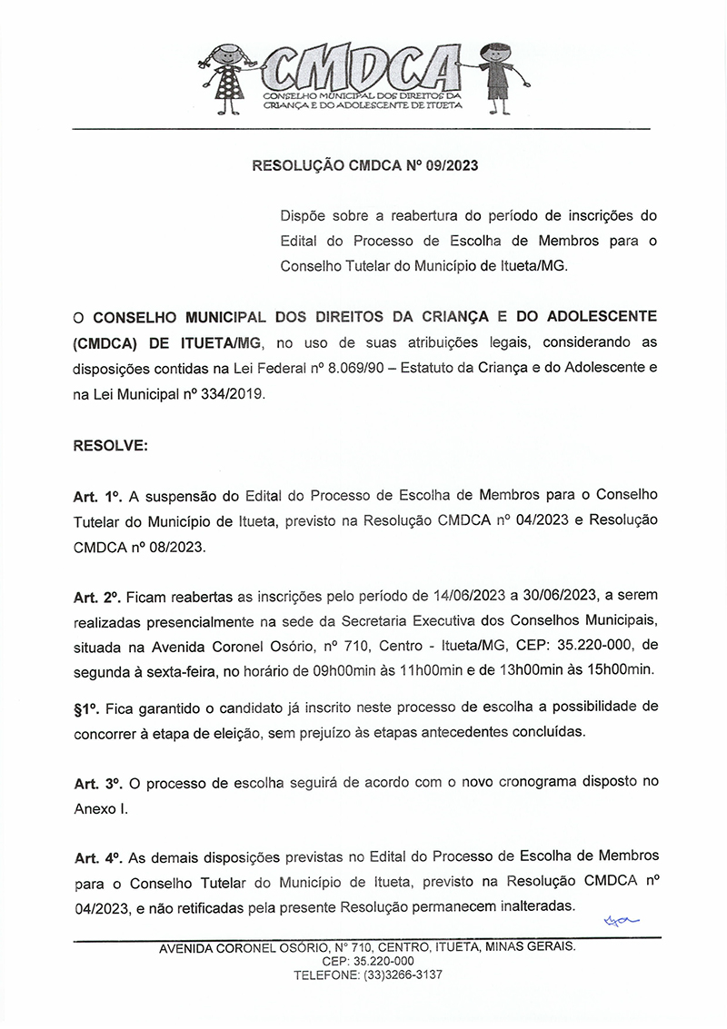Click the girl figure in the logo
click(227, 80)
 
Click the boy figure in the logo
click(496, 76)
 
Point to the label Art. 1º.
click(97, 498)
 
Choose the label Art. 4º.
click(97, 857)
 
